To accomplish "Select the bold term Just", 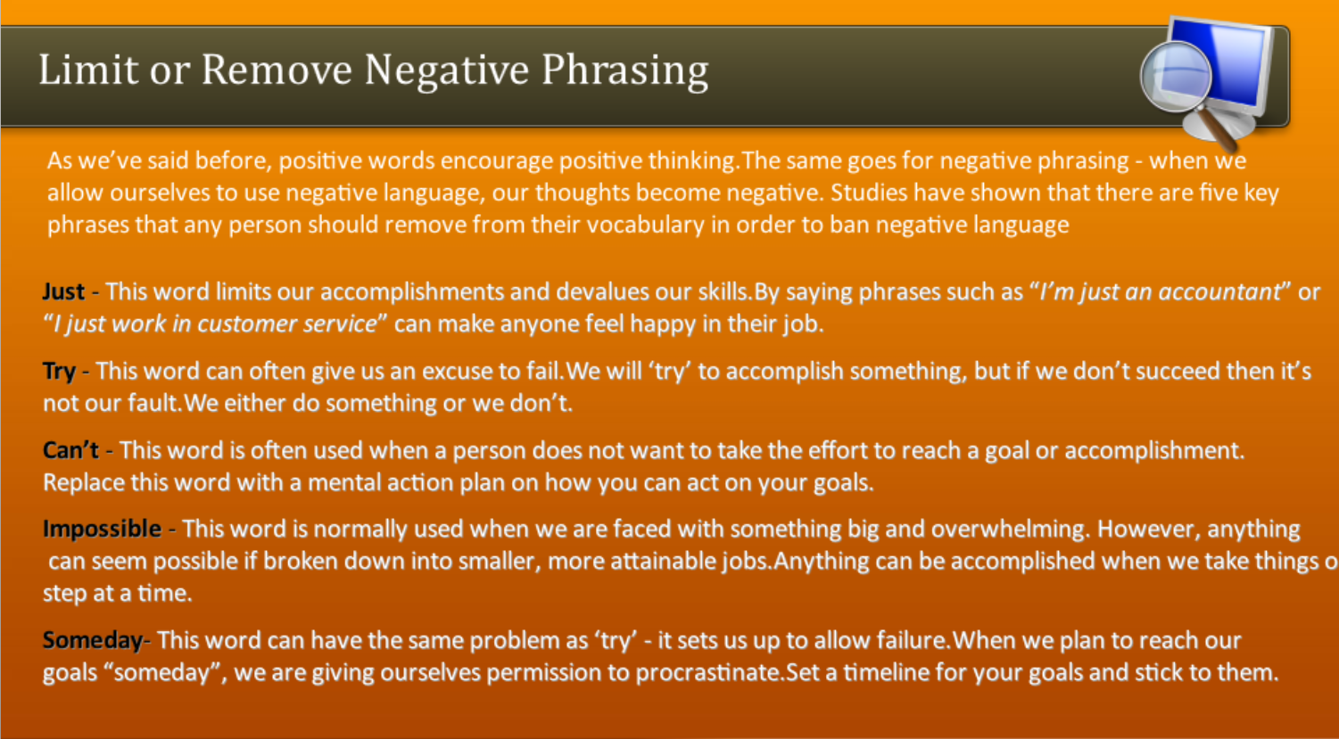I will (63, 291).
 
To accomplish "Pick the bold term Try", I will (59, 371).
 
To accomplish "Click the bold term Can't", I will (70, 450).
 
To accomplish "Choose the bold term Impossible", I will (102, 529).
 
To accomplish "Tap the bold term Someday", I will (93, 640).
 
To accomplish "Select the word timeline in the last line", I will (891, 672).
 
